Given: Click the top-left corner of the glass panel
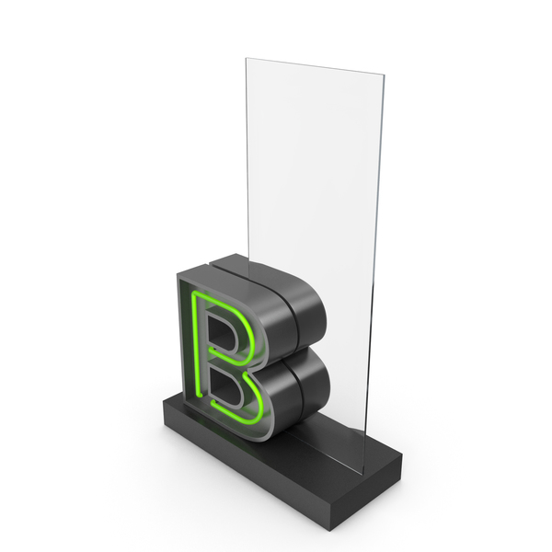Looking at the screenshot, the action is (x=246, y=59).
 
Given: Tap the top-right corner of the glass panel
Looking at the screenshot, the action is (x=384, y=75).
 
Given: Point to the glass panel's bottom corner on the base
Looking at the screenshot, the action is (x=362, y=474).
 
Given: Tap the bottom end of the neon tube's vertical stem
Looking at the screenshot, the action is (x=200, y=396).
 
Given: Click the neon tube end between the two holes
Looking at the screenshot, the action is (x=212, y=350).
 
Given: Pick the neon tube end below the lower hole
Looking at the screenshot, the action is (x=213, y=402).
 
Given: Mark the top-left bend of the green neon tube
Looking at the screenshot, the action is (x=195, y=294).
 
